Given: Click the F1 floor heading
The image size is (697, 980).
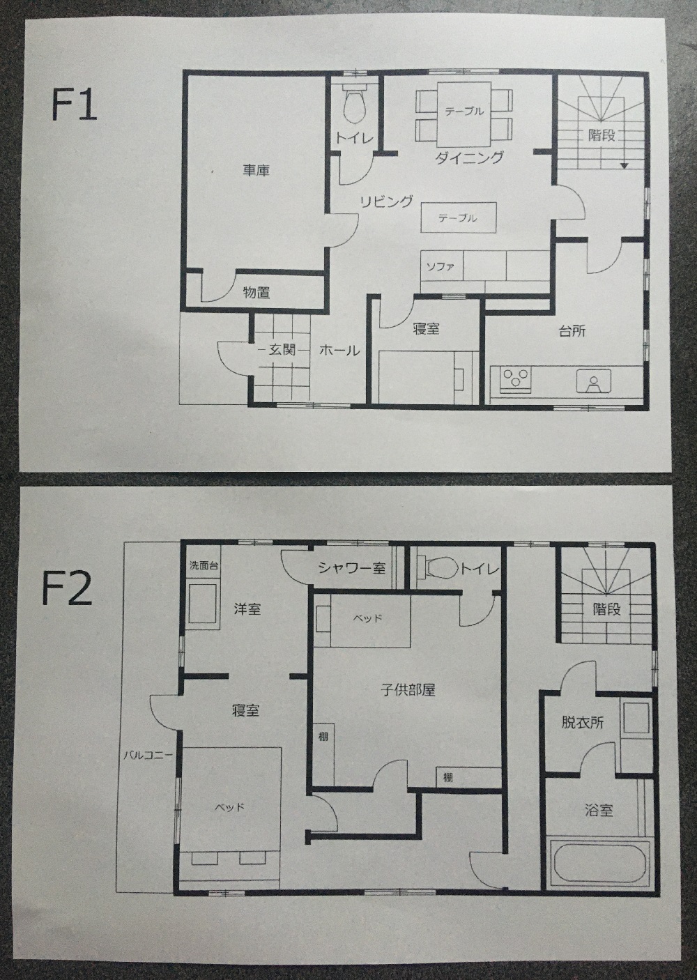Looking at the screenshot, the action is point(74,105).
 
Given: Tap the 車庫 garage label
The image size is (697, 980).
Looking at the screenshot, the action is point(256,170).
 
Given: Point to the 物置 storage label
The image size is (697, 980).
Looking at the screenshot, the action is point(256,292).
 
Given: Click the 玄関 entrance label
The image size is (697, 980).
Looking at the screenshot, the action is point(282,350).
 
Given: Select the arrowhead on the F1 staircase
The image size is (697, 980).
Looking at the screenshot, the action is point(625,165).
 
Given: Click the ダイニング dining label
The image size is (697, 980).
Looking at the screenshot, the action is point(470,158).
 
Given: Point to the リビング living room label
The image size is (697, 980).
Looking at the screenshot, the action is point(386,201).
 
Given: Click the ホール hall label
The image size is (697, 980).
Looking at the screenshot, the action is point(339,351).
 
